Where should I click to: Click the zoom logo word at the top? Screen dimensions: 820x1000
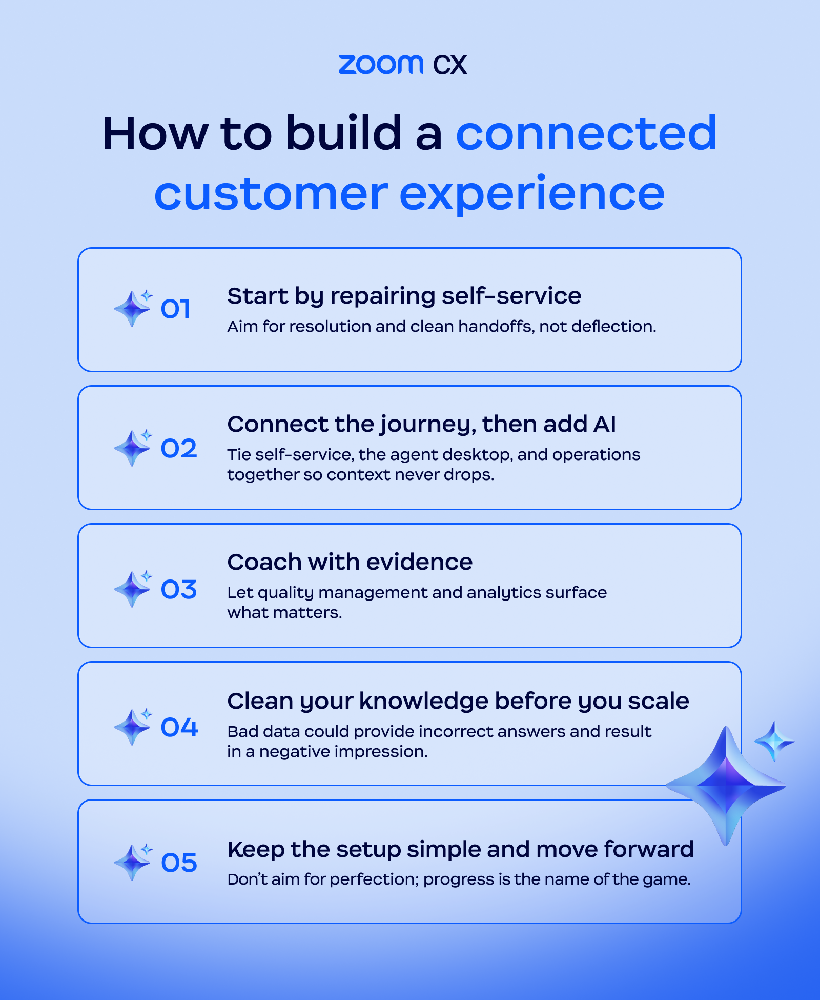381,65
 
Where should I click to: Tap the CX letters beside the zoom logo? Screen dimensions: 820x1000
450,65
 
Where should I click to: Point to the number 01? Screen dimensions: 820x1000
175,309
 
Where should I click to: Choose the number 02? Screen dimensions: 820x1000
178,449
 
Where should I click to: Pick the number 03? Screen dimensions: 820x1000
178,590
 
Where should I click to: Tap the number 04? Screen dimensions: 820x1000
179,728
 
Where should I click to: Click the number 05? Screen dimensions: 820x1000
179,863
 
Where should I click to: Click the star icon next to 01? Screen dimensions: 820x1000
133,308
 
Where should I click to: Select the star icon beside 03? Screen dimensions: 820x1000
133,589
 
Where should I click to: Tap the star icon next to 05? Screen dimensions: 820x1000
133,862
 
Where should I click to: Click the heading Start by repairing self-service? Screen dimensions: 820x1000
404,296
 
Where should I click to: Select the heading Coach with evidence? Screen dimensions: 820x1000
350,562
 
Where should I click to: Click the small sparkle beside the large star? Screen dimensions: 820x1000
774,741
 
